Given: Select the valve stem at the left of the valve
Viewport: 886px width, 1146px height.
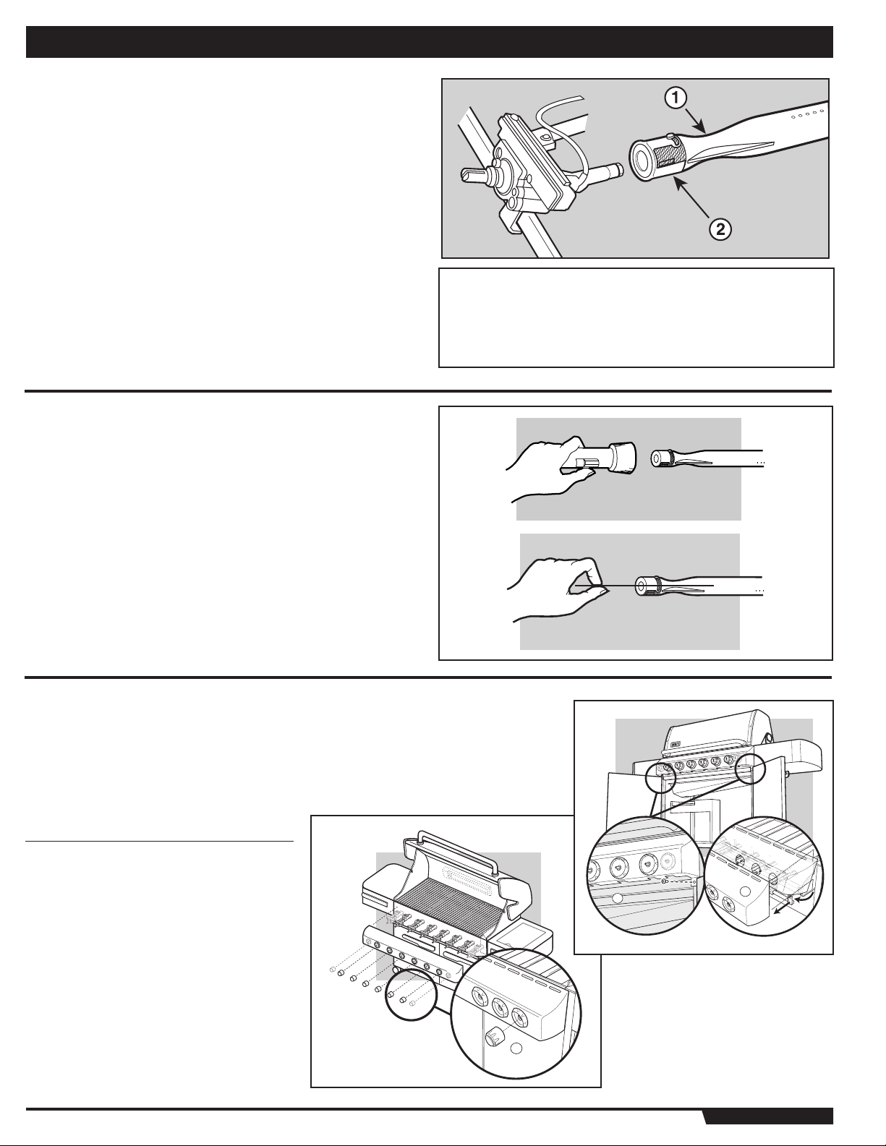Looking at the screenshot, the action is point(472,174).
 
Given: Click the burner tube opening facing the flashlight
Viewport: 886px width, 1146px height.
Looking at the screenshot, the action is point(657,458).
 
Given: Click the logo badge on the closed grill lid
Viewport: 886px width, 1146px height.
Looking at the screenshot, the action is point(677,745).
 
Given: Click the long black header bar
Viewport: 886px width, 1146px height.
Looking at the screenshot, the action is point(430,42).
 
